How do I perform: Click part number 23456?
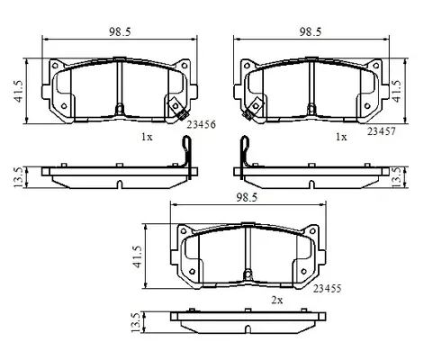pos(202,124)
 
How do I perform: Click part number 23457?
pos(382,131)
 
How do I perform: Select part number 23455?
pos(328,289)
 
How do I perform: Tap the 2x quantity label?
pos(277,300)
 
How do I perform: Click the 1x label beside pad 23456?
pos(147,137)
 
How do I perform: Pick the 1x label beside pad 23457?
pos(341,137)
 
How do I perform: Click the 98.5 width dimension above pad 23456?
pos(120,31)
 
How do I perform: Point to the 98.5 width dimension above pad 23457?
pos(311,31)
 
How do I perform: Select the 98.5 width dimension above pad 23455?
pos(247,197)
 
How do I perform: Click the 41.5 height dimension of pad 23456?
pos(18,91)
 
